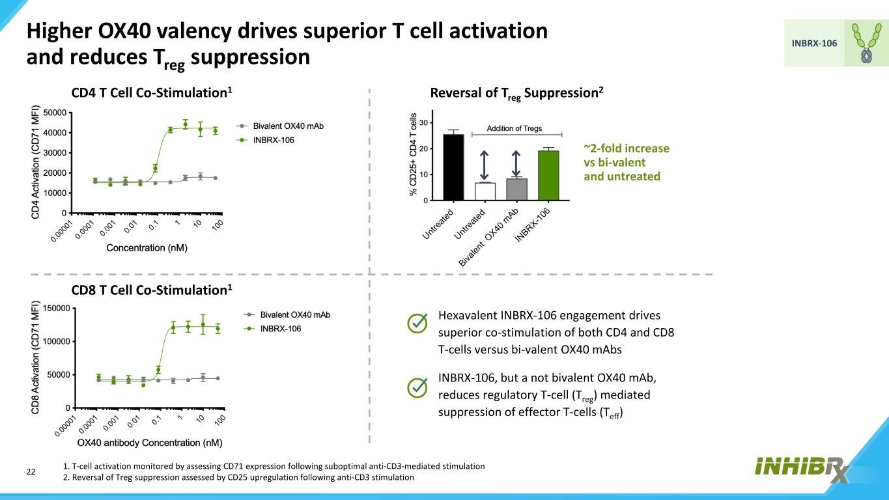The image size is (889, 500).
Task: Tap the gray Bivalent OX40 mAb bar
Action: click(x=516, y=189)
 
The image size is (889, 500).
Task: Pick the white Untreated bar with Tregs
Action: click(x=485, y=191)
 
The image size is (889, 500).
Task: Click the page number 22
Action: click(x=30, y=471)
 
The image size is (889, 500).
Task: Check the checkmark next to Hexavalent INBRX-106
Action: click(x=417, y=323)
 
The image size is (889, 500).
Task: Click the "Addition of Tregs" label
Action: click(x=515, y=129)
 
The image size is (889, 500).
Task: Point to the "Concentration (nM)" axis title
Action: click(x=147, y=248)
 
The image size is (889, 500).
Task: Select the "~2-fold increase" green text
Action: click(x=627, y=149)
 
